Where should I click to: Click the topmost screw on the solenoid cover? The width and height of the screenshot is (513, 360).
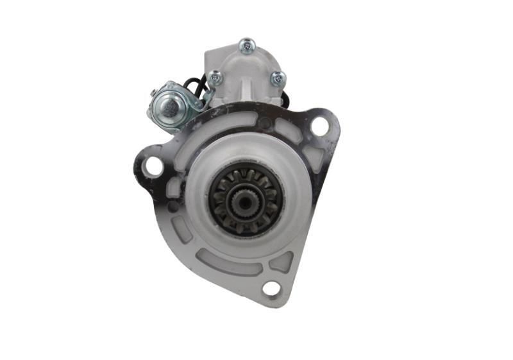pyautogui.click(x=247, y=46)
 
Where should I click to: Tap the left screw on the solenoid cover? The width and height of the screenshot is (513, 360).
pyautogui.click(x=215, y=78)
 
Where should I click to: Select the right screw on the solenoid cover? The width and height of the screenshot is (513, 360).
pyautogui.click(x=278, y=78)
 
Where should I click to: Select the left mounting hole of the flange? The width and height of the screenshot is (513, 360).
pyautogui.click(x=153, y=166)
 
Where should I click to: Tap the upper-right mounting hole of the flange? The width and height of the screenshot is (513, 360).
pyautogui.click(x=319, y=126)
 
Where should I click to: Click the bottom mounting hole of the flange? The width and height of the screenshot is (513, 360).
pyautogui.click(x=271, y=288)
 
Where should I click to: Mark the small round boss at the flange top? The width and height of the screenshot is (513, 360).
pyautogui.click(x=264, y=123)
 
